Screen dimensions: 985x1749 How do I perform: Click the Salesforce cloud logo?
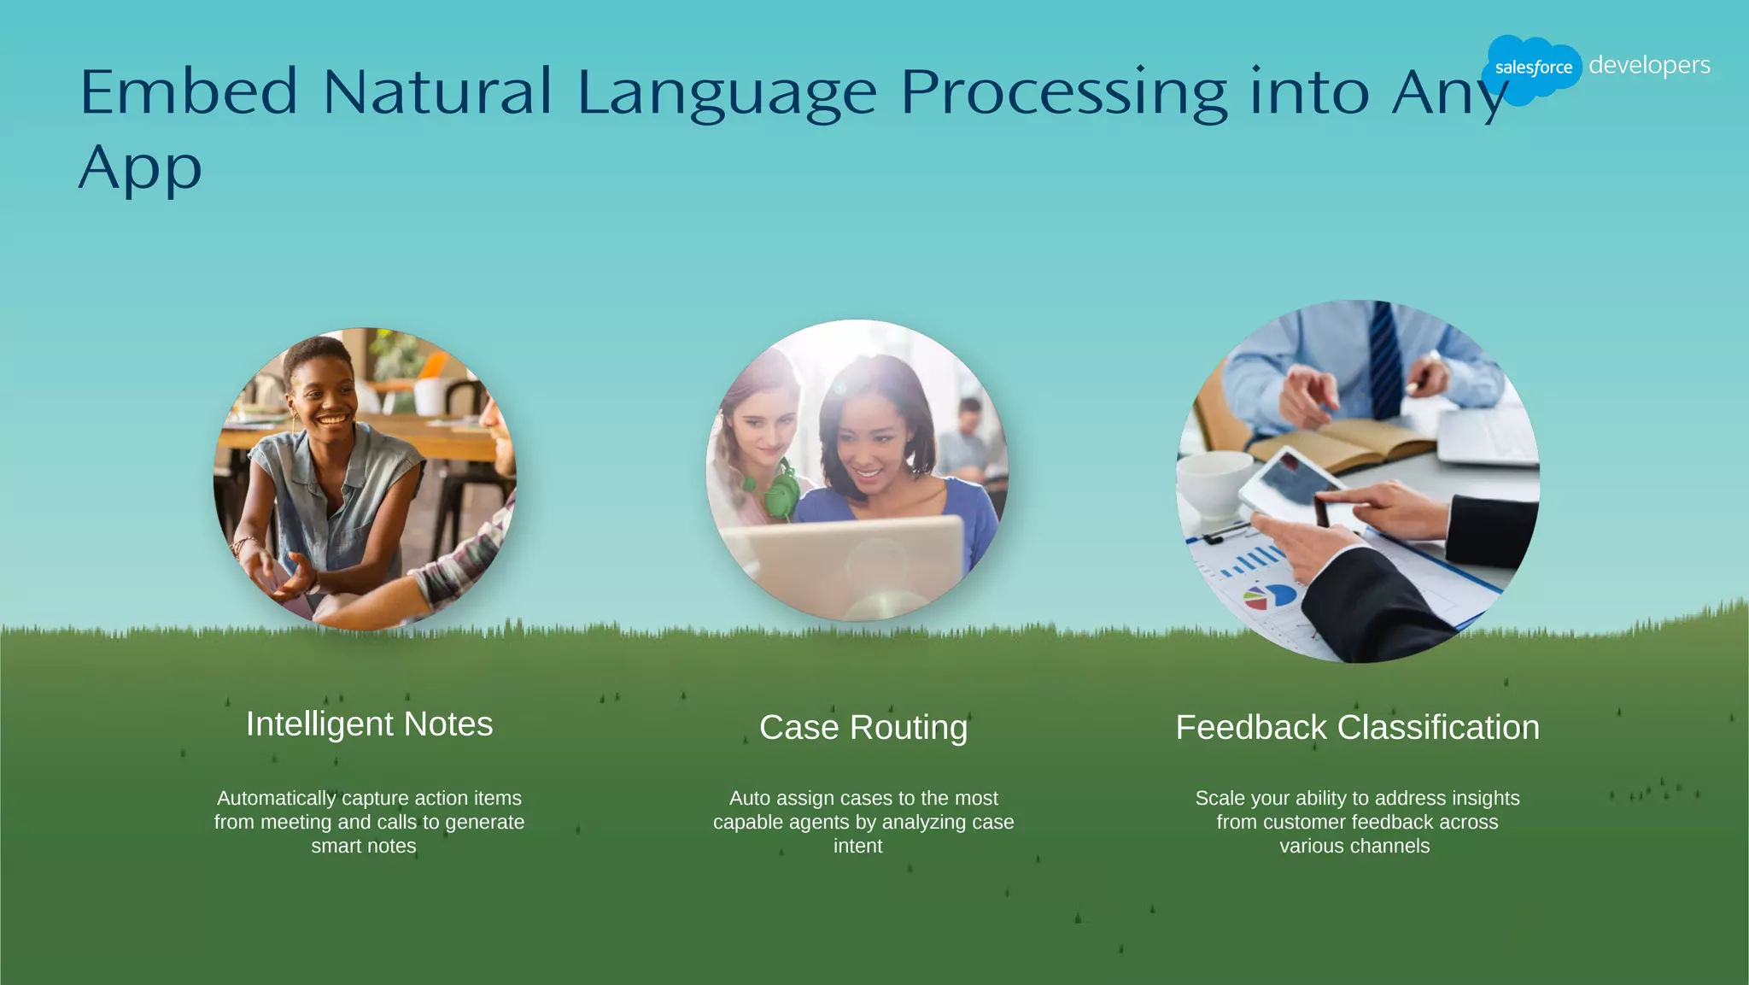click(1531, 67)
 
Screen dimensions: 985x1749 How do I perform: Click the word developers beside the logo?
click(1648, 66)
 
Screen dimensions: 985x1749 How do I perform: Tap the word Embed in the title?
click(189, 91)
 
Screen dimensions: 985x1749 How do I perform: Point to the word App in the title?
click(141, 167)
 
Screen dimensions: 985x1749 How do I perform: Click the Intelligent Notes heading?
click(369, 724)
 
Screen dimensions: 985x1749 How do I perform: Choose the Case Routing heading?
click(863, 728)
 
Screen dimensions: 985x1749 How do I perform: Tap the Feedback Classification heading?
click(1357, 728)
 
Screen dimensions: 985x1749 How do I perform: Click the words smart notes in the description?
click(364, 846)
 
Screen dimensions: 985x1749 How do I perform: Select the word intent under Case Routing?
click(857, 846)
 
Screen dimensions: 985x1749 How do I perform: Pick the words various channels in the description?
click(1354, 846)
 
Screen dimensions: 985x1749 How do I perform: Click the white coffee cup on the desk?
click(1213, 484)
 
